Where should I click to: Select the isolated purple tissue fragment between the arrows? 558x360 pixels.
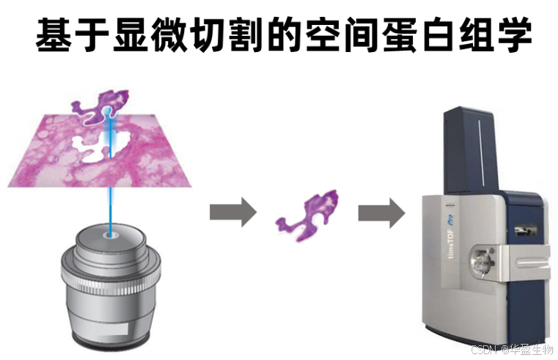point(307,214)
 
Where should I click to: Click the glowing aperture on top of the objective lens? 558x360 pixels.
point(111,236)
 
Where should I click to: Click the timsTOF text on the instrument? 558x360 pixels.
point(447,250)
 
